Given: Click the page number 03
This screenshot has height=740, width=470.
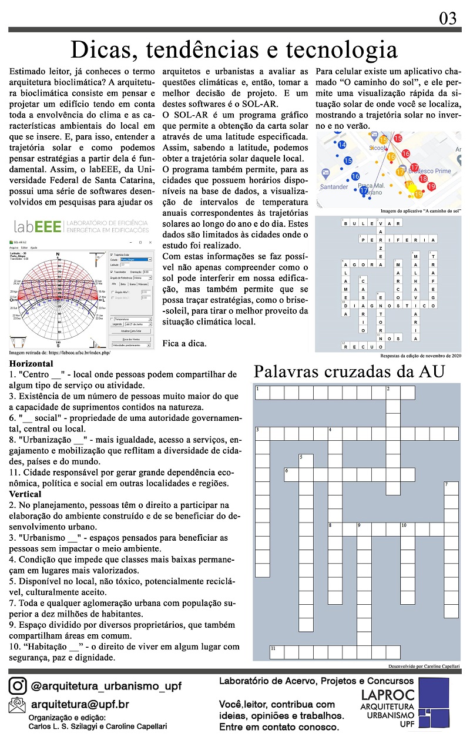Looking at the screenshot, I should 448,19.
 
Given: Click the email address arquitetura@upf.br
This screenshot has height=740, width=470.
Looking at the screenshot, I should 79,704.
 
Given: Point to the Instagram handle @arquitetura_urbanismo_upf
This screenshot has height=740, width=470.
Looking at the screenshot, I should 106,686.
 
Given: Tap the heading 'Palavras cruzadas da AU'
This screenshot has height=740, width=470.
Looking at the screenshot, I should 349,371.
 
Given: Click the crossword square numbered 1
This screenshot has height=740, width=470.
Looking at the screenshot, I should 261,393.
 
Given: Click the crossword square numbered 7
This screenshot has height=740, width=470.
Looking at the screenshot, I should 451,488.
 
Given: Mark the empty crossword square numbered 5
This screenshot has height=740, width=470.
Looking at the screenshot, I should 305,460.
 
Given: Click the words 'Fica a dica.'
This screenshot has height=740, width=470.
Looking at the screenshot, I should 184,343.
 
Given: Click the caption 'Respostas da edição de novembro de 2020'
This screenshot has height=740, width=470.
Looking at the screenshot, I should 421,356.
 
